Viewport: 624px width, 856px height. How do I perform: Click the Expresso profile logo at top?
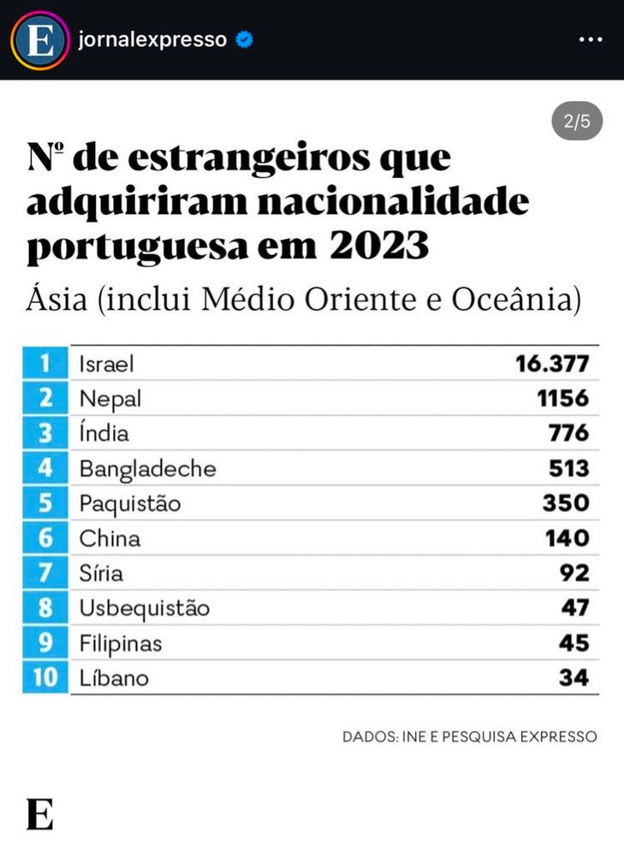39,40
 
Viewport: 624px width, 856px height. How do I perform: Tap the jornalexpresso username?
152,39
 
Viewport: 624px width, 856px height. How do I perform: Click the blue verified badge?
244,39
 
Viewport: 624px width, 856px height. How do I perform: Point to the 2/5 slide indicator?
577,122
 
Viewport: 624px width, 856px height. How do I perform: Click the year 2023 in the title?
379,247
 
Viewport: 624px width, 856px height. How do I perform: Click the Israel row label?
107,364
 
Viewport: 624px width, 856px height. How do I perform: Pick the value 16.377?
552,364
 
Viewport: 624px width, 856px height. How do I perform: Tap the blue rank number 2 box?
46,398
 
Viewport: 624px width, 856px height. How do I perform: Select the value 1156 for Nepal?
562,398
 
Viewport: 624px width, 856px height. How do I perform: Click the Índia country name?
104,433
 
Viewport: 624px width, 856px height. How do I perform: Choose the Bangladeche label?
147,468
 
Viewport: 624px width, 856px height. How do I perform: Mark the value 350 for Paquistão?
566,503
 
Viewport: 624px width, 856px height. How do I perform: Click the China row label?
110,538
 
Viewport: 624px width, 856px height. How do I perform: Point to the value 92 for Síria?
574,574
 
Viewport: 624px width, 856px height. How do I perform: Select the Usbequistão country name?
144,609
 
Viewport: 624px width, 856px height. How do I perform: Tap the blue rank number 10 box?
46,678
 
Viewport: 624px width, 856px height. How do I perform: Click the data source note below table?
469,736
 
